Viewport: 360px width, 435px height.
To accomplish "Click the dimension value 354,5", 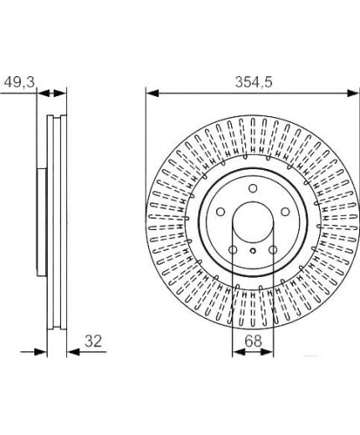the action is (x=254, y=82).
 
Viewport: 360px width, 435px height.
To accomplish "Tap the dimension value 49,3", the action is (x=19, y=82).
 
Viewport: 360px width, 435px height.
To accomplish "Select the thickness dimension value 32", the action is (x=93, y=341).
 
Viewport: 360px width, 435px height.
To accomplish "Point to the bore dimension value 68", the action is (x=253, y=341).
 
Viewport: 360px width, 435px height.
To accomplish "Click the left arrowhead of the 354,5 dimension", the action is (x=152, y=93).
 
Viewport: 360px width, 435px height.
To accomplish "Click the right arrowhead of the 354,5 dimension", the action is (x=352, y=93).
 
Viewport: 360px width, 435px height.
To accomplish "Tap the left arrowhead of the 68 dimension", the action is (x=239, y=352).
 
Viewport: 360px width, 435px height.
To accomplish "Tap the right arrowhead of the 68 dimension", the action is (x=267, y=352).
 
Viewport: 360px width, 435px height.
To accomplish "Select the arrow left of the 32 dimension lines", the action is (x=33, y=352).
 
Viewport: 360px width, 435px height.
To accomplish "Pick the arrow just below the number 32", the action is (x=87, y=352).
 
